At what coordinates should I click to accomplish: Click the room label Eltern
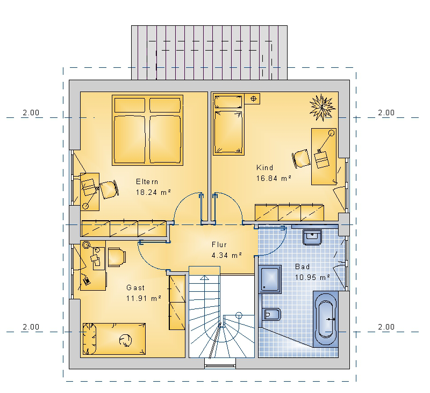point(147,181)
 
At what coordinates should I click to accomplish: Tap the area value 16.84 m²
point(274,178)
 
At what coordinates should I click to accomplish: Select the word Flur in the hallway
point(219,244)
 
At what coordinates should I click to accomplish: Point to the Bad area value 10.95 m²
point(312,277)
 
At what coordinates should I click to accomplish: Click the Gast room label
point(135,287)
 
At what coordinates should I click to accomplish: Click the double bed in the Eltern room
point(147,130)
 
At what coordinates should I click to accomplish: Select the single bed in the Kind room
point(229,125)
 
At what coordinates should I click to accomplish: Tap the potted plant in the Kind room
point(322,107)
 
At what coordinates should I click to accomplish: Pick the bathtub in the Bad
point(326,319)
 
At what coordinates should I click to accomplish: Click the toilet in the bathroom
point(271,314)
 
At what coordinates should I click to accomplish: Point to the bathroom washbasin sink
point(312,237)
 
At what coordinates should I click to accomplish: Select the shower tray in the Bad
point(270,279)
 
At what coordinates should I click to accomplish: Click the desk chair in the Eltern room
point(109,189)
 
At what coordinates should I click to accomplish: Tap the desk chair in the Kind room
point(301,158)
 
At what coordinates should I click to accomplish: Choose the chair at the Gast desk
point(117,257)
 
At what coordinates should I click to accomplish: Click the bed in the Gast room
point(114,339)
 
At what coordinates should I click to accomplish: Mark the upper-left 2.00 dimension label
point(31,113)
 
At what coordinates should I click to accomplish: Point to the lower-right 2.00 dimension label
point(386,327)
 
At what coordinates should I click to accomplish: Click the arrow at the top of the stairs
point(204,278)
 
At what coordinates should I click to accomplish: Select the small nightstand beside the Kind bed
point(252,99)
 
